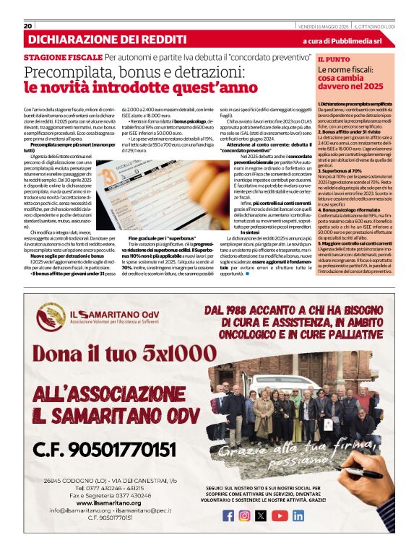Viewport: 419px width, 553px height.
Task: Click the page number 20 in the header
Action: coord(28,26)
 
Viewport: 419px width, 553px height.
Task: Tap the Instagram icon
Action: coord(245,515)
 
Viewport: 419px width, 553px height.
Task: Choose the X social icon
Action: coord(262,515)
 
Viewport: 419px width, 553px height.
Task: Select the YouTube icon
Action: coord(279,515)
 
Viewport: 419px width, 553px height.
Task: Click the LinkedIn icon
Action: coord(298,515)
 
